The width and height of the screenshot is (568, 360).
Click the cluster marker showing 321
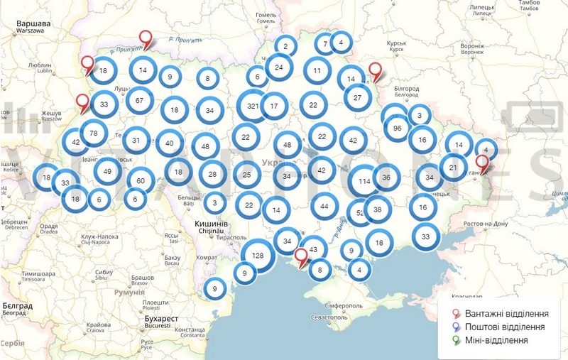pos(253,106)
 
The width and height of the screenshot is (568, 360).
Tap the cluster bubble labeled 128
pos(258,256)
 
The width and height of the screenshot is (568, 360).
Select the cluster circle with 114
pos(365,181)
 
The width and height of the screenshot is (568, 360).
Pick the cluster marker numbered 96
pos(398,129)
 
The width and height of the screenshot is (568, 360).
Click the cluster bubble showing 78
pos(94,133)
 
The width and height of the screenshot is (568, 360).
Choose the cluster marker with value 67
pos(139,101)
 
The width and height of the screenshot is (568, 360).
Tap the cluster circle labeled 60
pos(141,180)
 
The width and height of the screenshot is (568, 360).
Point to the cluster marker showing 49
pos(107,171)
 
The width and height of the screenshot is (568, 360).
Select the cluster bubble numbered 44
pos(324,206)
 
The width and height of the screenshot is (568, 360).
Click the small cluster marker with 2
pos(285,47)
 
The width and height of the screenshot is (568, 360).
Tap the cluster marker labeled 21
pos(452,168)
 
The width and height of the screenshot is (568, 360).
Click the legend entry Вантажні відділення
pos(505,314)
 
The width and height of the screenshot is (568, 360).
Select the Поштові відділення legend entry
pos(505,327)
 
